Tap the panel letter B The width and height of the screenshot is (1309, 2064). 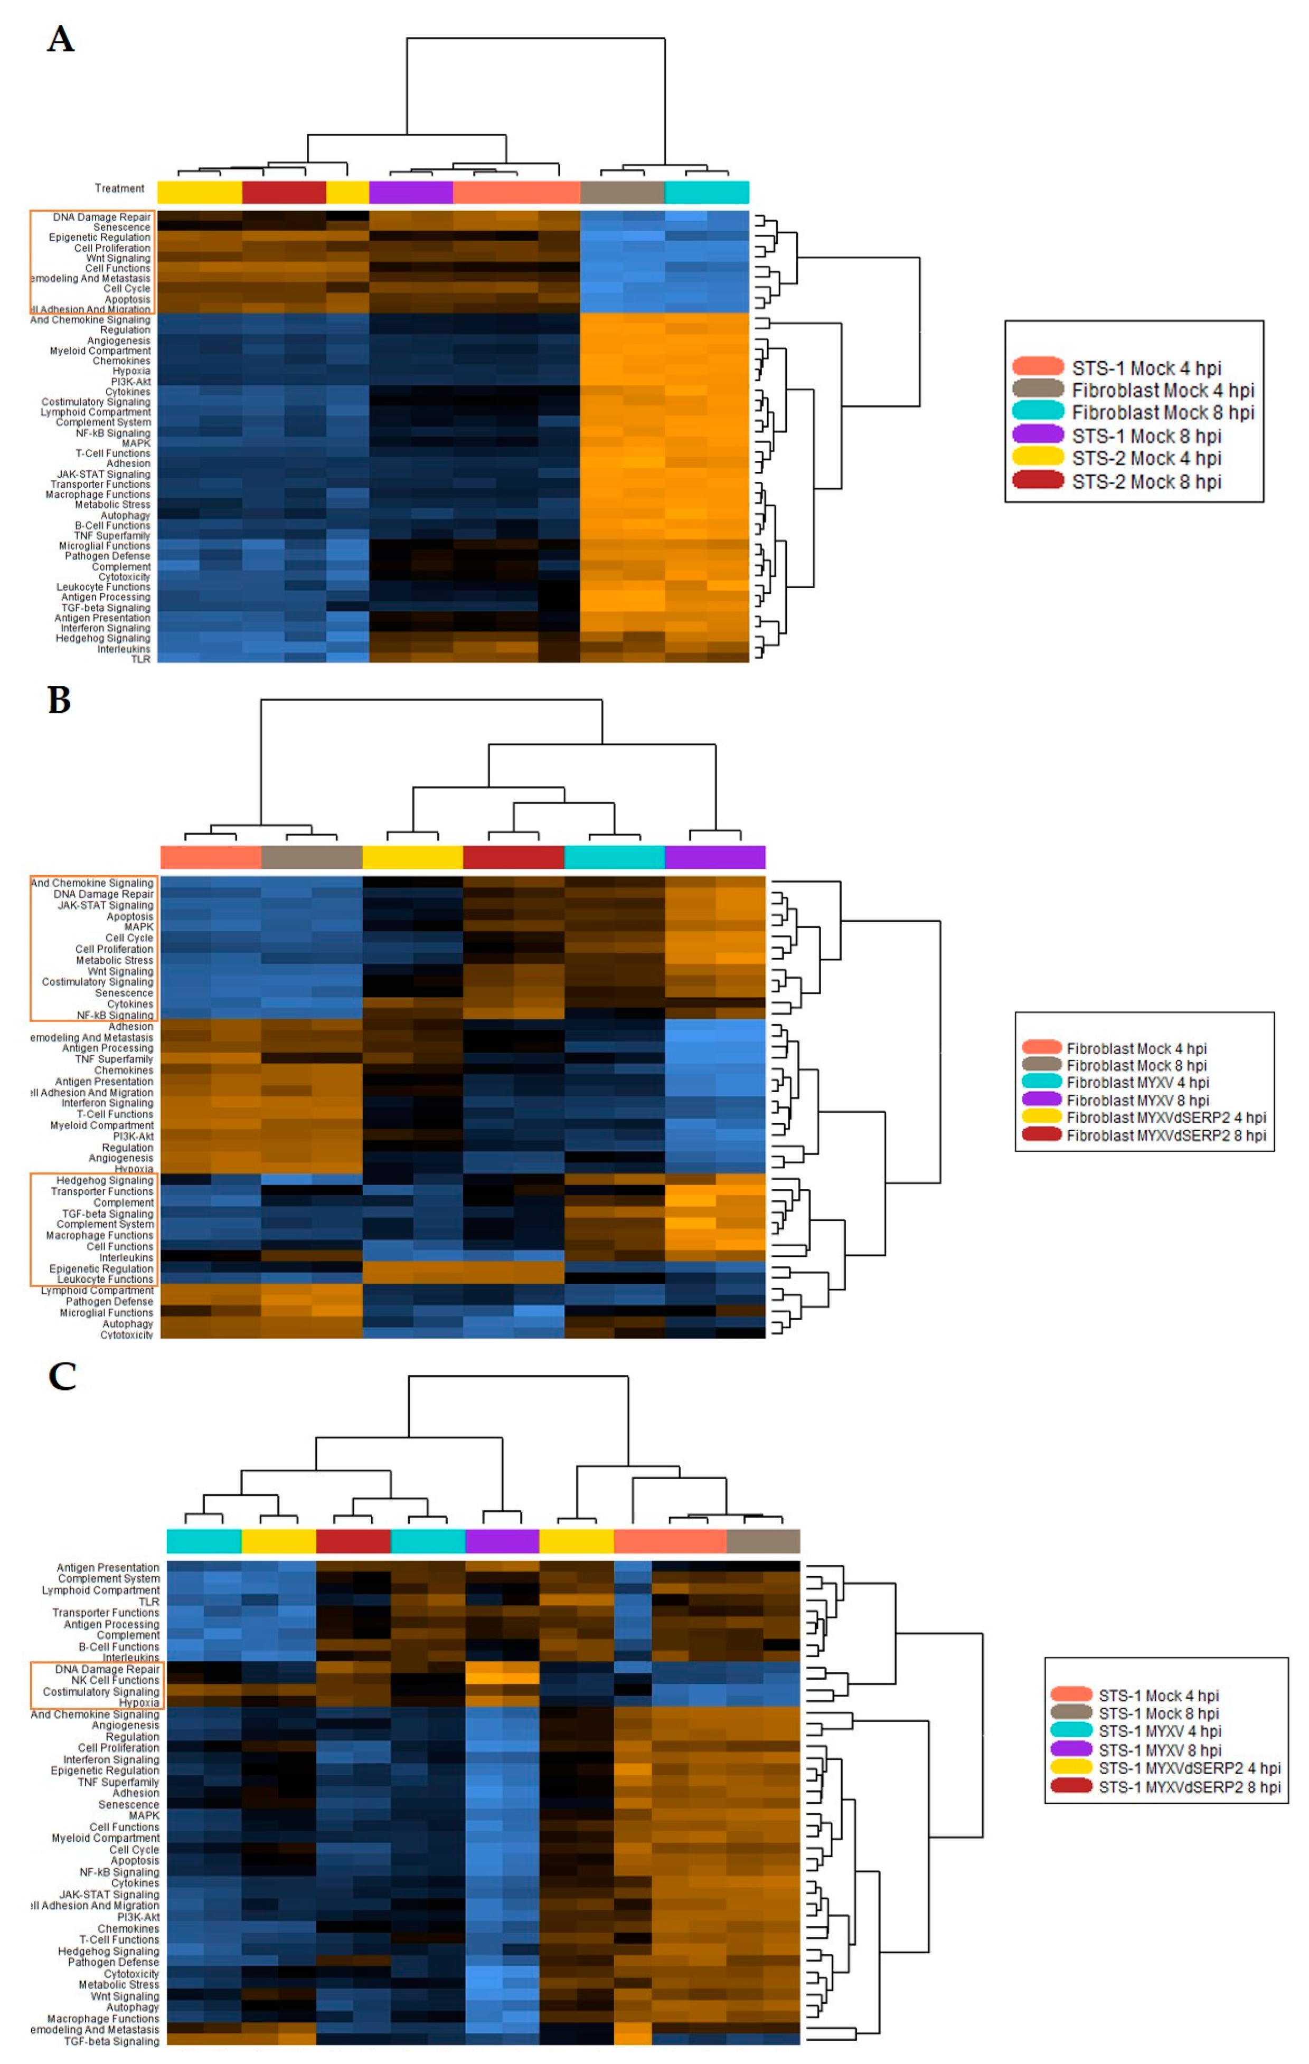click(59, 700)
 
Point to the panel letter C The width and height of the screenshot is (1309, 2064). click(62, 1377)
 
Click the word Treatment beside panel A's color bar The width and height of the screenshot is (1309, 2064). click(119, 188)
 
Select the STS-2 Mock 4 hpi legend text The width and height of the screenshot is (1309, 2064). click(1146, 459)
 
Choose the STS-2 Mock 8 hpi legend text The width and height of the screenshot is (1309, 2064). click(1146, 482)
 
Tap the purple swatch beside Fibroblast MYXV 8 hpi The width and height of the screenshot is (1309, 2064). click(1041, 1100)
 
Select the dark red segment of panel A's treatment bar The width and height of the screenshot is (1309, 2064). click(284, 192)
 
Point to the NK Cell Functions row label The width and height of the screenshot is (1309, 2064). click(115, 1680)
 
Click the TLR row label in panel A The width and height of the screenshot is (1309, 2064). click(140, 659)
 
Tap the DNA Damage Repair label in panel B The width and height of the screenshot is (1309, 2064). click(103, 894)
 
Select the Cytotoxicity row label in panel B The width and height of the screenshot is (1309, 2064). click(126, 1334)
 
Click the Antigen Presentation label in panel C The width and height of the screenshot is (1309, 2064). click(108, 1568)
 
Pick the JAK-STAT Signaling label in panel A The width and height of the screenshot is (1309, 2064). click(103, 474)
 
